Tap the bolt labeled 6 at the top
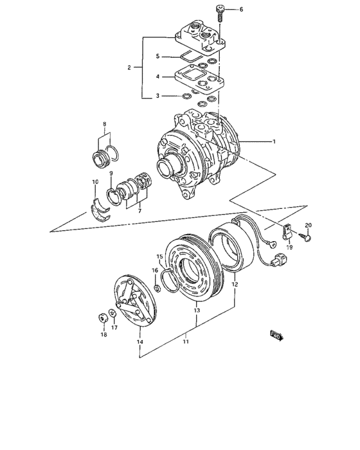tap(219, 12)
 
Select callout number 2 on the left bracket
tap(129, 67)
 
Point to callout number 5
tap(157, 57)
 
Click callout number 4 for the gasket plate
tap(157, 77)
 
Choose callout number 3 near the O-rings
tap(157, 96)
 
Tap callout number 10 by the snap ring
tap(96, 182)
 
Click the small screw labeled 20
tap(309, 238)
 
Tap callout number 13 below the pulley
tap(197, 310)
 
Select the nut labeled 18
tap(102, 316)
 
